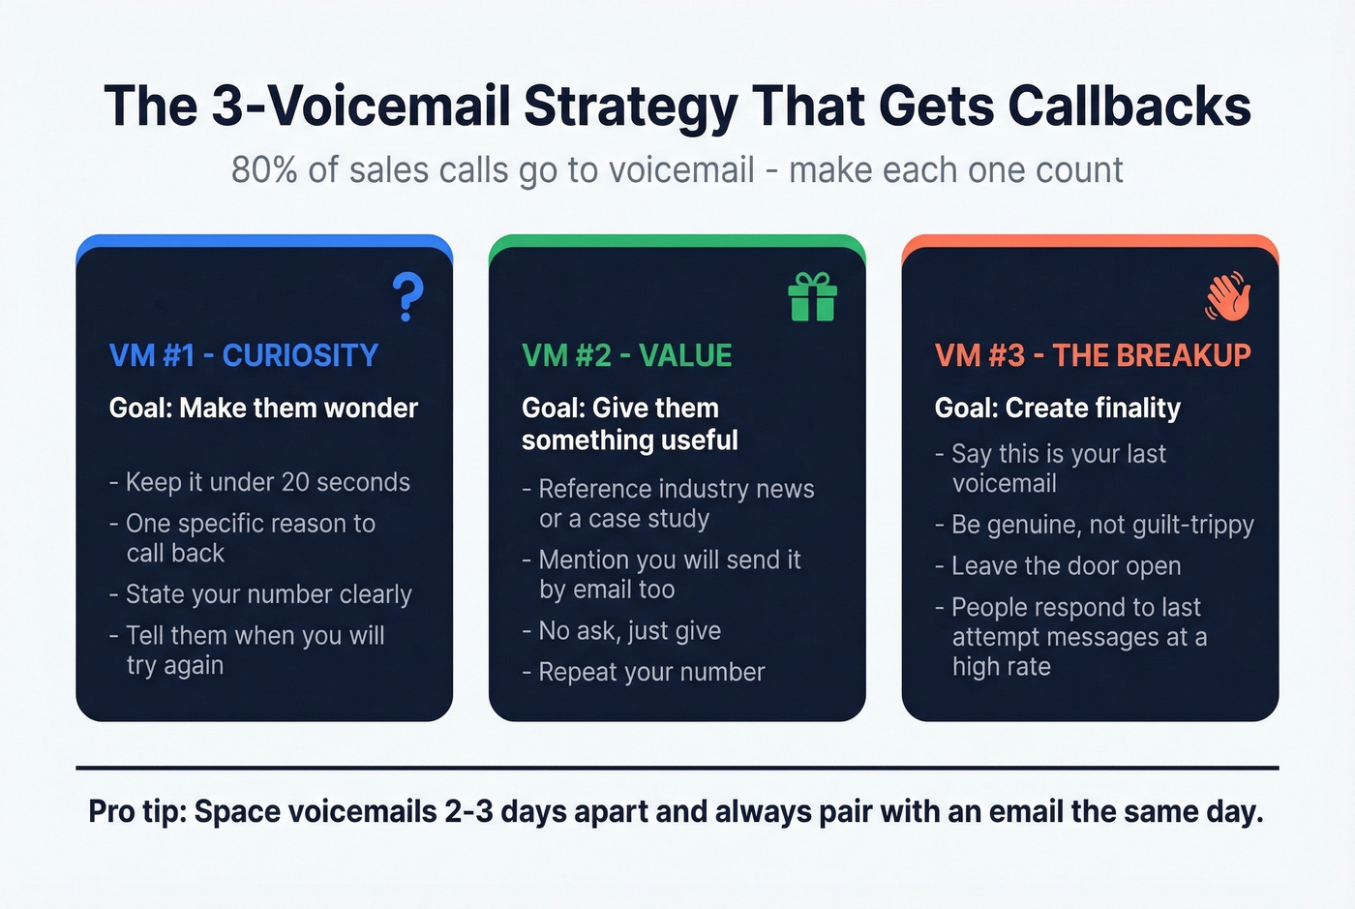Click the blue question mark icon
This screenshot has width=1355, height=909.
407,296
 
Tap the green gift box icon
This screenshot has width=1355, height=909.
812,296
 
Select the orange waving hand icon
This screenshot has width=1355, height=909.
1227,296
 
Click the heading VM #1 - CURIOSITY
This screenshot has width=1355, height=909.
243,355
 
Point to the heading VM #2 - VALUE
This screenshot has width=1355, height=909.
626,355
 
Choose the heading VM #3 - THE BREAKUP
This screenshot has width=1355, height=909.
1092,355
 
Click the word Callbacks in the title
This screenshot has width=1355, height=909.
1129,106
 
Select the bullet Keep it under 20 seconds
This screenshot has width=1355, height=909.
267,482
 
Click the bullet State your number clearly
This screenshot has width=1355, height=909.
268,594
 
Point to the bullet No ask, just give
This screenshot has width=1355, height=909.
629,631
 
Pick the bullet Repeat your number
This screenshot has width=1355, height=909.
651,672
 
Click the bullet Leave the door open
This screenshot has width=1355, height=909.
1066,566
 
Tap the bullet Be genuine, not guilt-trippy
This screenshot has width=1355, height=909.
1101,525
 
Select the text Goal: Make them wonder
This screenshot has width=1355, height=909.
263,409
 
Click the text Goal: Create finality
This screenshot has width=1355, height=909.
1057,409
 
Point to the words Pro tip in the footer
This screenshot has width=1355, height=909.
136,811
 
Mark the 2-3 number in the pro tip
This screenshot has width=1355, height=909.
468,811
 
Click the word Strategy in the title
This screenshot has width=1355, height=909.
630,106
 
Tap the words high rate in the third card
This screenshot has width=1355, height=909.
1001,667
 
